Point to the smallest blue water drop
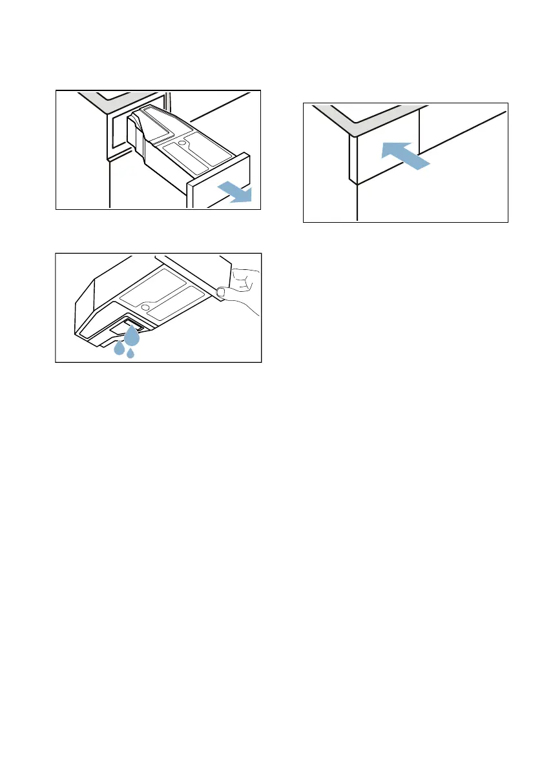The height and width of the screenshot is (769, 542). point(130,353)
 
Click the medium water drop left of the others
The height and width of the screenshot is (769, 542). point(119,348)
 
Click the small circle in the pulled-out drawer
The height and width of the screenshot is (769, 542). point(182,139)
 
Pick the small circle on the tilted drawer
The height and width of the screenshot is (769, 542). point(148,301)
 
